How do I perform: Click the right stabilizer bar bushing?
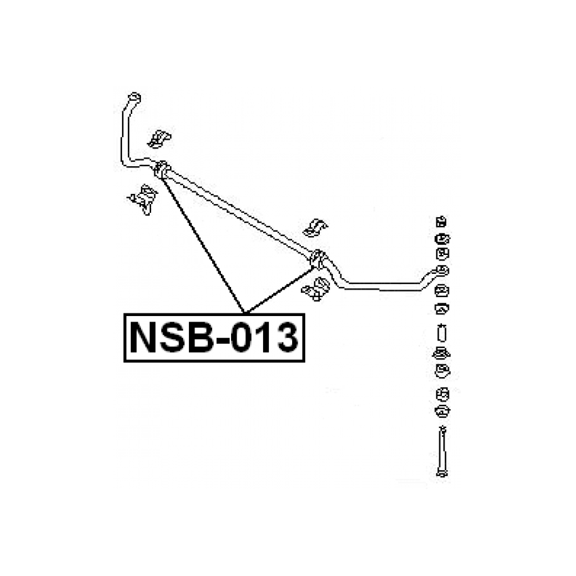pyautogui.click(x=318, y=258)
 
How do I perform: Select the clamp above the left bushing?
pyautogui.click(x=159, y=138)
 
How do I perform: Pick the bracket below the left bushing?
pyautogui.click(x=144, y=199)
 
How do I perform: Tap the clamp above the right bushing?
pyautogui.click(x=316, y=227)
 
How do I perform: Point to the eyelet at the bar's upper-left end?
pyautogui.click(x=133, y=98)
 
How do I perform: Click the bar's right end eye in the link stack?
pyautogui.click(x=441, y=271)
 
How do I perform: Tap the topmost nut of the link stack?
pyautogui.click(x=441, y=221)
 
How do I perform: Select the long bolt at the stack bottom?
pyautogui.click(x=441, y=451)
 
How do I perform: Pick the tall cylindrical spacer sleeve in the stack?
pyautogui.click(x=441, y=333)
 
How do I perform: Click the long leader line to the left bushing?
pyautogui.click(x=204, y=245)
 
